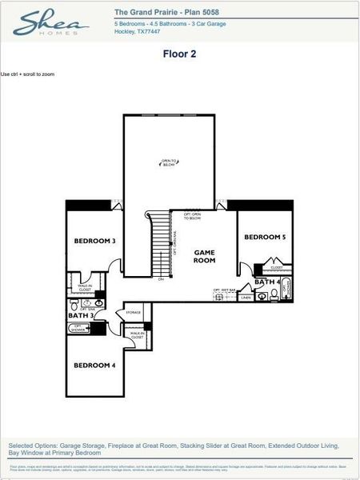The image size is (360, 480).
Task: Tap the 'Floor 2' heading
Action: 179,54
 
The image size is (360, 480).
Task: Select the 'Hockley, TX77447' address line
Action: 138,32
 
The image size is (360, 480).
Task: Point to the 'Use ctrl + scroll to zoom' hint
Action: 28,74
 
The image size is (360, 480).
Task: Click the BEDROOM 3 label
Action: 95,241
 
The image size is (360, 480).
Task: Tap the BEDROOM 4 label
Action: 95,366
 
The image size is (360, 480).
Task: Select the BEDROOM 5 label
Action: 265,238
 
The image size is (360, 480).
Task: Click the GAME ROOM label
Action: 205,256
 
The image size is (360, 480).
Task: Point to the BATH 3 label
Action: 81,316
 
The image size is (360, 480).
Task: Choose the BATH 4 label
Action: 267,282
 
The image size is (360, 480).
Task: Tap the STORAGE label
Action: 134,313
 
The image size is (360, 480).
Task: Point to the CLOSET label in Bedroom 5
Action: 276,268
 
